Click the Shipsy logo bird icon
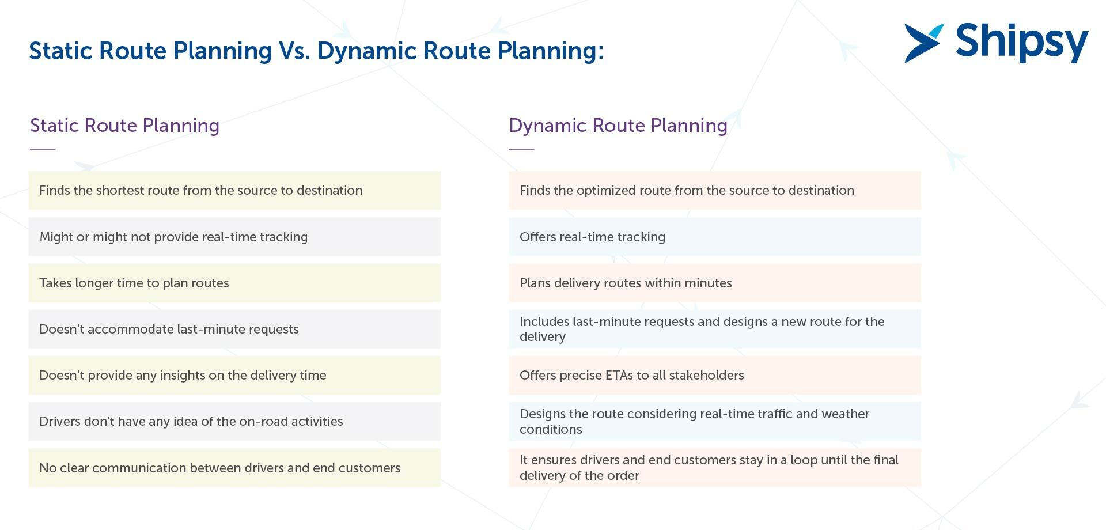tap(923, 43)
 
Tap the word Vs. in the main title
tap(294, 51)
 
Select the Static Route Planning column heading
tap(124, 126)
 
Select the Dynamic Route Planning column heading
tap(618, 126)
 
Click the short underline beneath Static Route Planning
tap(43, 149)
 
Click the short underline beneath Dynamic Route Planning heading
tap(521, 149)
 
